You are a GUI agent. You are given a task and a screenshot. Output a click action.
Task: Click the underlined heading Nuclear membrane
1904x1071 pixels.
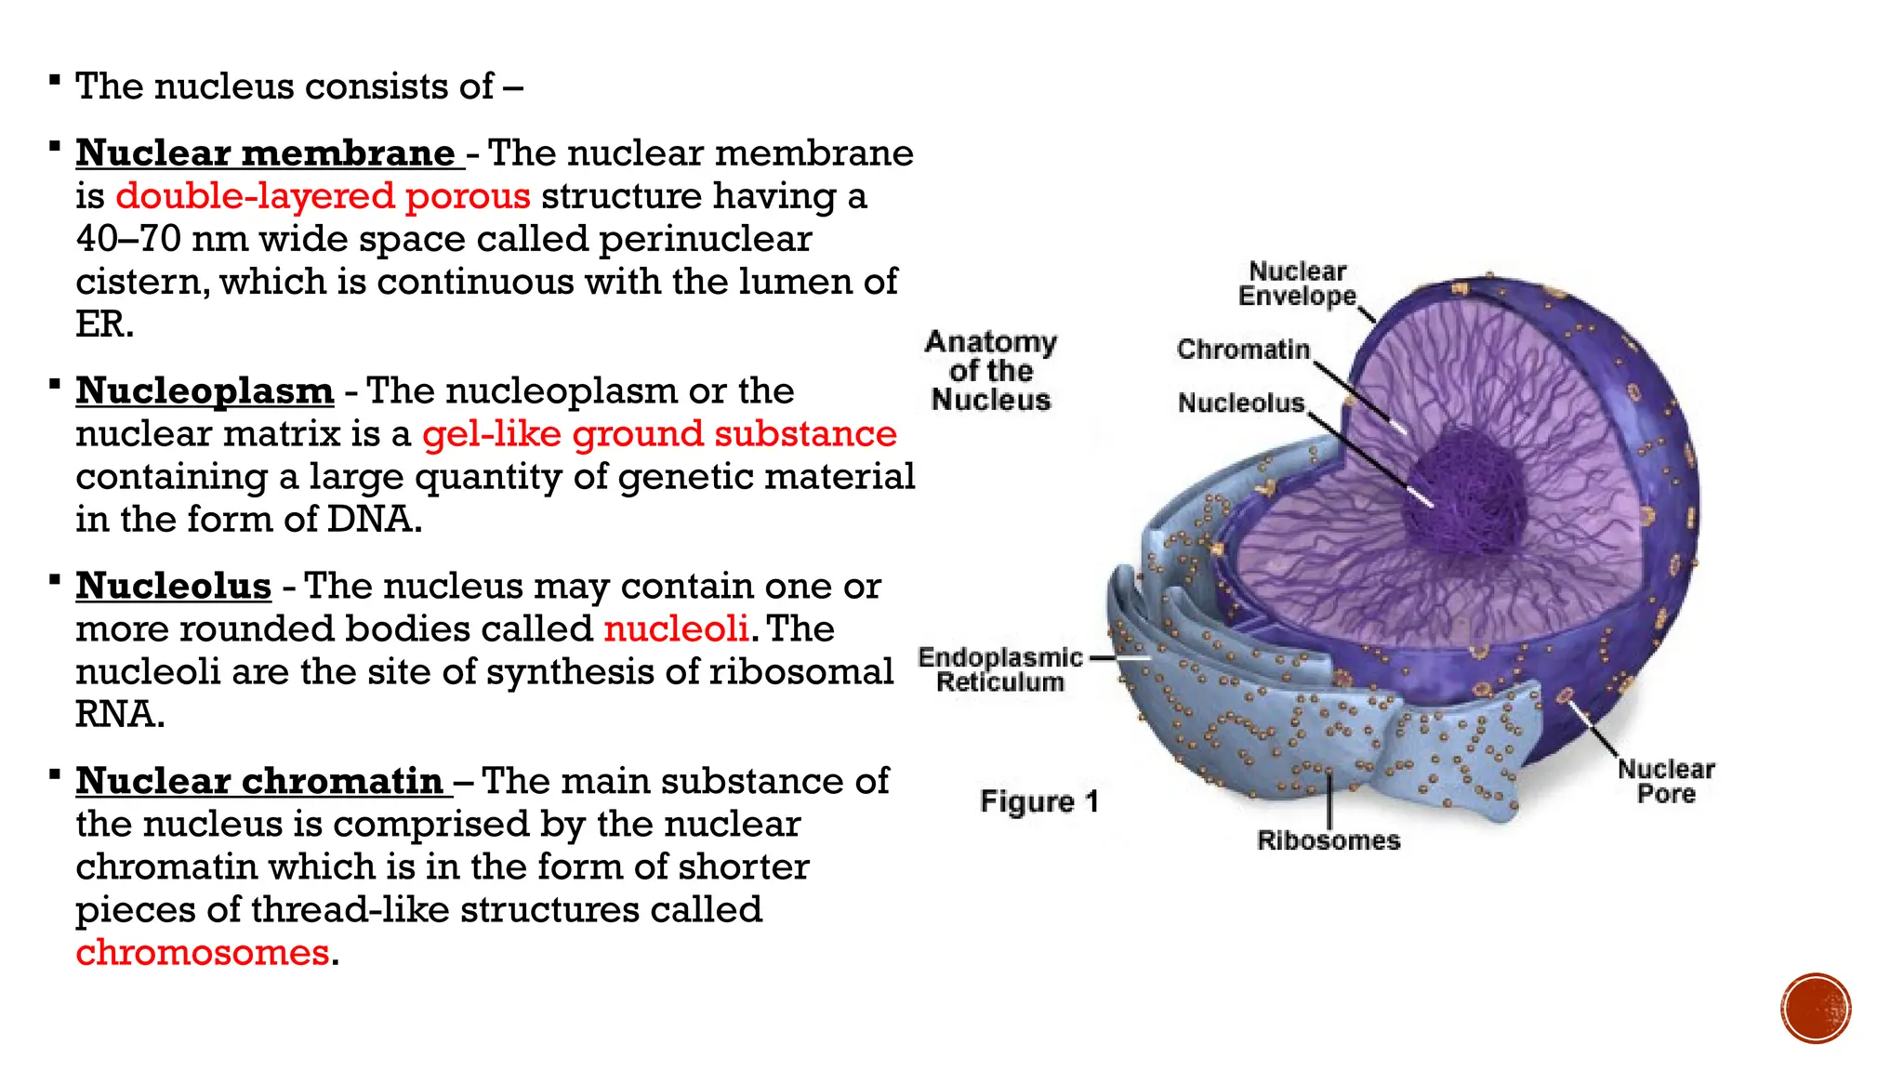pyautogui.click(x=265, y=153)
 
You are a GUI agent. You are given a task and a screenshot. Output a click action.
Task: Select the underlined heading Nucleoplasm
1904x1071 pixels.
pyautogui.click(x=205, y=391)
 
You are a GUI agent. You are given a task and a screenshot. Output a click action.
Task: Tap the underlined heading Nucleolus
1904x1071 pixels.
pyautogui.click(x=174, y=587)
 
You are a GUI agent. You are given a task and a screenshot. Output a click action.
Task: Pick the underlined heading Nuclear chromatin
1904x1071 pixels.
pyautogui.click(x=259, y=782)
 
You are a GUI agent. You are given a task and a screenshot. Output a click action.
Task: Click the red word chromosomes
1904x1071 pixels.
pyautogui.click(x=203, y=953)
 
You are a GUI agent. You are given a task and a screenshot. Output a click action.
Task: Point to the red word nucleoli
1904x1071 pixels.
pyautogui.click(x=676, y=629)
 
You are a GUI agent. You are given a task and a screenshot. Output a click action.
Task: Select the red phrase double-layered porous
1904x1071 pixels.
pyautogui.click(x=323, y=196)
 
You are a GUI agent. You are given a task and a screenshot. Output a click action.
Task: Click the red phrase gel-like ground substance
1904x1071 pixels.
pyautogui.click(x=659, y=434)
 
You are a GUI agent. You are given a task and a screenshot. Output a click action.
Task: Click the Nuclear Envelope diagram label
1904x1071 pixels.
pyautogui.click(x=1297, y=284)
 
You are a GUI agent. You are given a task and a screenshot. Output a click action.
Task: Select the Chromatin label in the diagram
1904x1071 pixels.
pyautogui.click(x=1243, y=350)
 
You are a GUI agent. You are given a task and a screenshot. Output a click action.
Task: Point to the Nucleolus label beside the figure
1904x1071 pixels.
pyautogui.click(x=1241, y=403)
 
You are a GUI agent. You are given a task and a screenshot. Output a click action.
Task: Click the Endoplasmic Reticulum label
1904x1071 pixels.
pyautogui.click(x=999, y=669)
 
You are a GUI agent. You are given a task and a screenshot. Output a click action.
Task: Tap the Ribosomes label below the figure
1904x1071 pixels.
pyautogui.click(x=1328, y=840)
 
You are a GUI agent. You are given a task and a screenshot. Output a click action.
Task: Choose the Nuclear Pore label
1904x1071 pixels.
pyautogui.click(x=1665, y=781)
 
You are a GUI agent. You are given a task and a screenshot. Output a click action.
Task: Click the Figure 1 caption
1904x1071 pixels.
pyautogui.click(x=1038, y=801)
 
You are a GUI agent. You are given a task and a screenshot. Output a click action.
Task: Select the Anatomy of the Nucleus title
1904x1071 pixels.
pyautogui.click(x=990, y=370)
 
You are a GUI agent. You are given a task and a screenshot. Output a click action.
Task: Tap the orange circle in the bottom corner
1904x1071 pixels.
pyautogui.click(x=1816, y=1008)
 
